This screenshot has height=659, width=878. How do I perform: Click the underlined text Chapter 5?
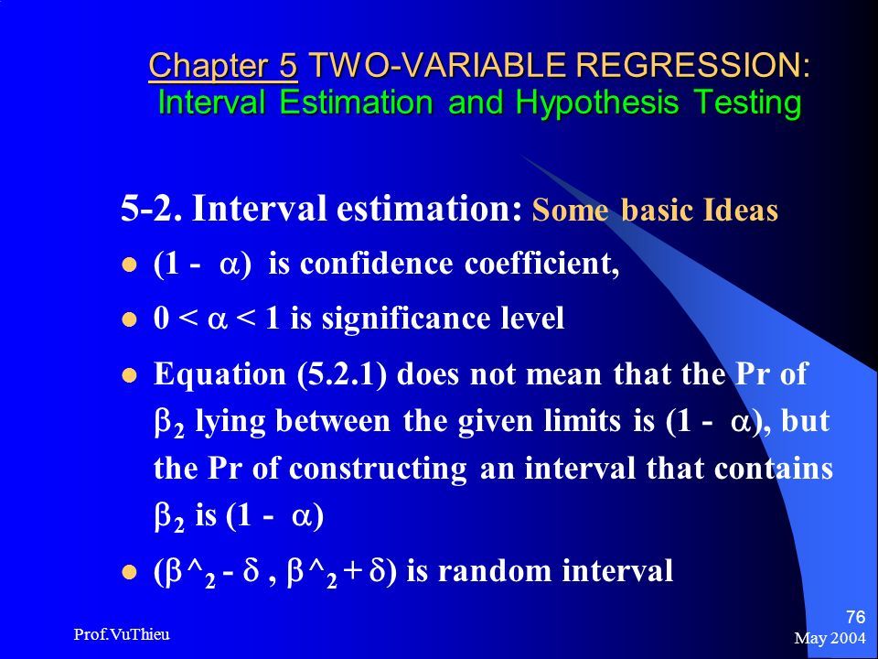(223, 65)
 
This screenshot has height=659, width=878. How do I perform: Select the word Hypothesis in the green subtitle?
(597, 103)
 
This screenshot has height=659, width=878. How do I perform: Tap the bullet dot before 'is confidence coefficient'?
(129, 265)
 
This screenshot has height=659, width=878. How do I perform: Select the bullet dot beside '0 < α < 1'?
(129, 319)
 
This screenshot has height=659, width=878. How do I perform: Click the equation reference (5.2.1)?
(341, 373)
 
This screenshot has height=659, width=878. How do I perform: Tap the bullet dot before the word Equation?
(129, 375)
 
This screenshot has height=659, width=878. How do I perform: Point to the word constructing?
(378, 469)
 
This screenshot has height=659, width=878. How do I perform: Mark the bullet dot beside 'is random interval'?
(129, 572)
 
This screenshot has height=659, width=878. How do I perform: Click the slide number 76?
(856, 617)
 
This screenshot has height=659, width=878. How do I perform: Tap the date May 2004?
(830, 638)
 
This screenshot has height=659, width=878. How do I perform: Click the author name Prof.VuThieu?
(122, 634)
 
